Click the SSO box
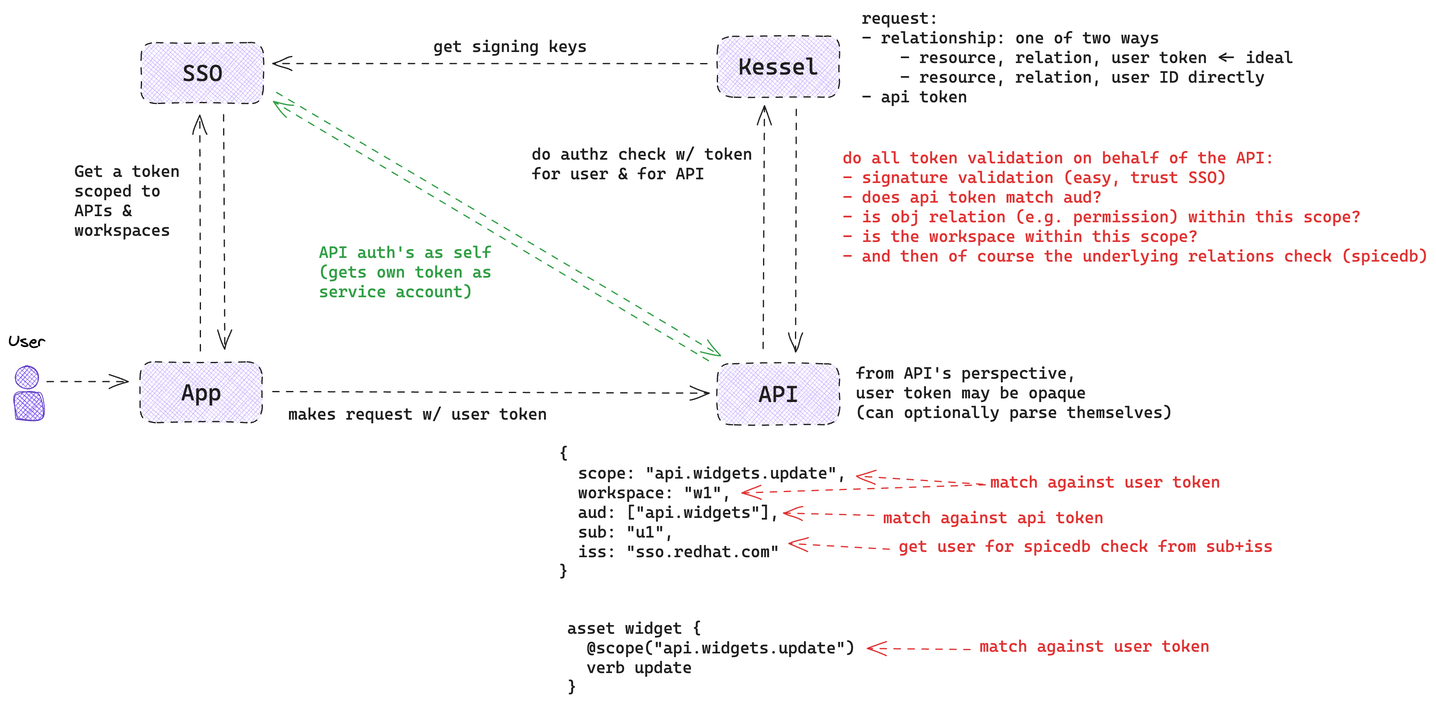[x=202, y=73]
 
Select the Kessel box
[x=778, y=67]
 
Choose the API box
[x=778, y=394]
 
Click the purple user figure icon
[x=28, y=393]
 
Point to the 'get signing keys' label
[x=510, y=47]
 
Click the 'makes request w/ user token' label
[x=417, y=414]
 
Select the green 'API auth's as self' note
[x=405, y=272]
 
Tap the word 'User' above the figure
[x=26, y=341]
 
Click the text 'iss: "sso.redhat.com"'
[x=678, y=552]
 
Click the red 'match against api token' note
[x=992, y=518]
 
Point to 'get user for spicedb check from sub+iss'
[x=1085, y=546]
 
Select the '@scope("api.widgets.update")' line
[x=720, y=648]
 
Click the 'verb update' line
[x=638, y=668]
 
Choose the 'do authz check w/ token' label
[x=641, y=154]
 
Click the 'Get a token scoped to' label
[x=126, y=181]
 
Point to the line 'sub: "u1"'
[x=624, y=532]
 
